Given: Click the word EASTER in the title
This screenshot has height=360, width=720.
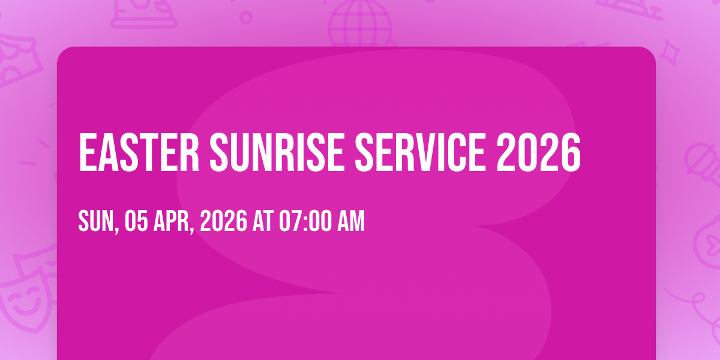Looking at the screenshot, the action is tap(139, 152).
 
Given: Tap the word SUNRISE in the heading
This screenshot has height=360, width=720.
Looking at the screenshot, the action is tap(277, 152).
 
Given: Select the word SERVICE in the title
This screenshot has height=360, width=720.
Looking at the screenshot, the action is tap(421, 152).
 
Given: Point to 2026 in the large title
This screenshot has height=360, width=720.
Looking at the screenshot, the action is tap(539, 152).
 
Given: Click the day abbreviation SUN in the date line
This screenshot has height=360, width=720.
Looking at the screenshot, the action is tap(96, 221).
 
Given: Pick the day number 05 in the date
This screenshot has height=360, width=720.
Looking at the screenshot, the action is tap(136, 221).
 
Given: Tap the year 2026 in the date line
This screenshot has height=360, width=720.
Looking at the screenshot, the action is tap(224, 221).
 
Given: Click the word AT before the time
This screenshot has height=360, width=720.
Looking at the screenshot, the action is tap(263, 221).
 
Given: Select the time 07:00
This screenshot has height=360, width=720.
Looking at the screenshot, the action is tap(305, 221).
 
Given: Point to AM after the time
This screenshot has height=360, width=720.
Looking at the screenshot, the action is tap(351, 221).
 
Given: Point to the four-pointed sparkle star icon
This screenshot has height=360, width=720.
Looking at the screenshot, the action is tap(670, 52).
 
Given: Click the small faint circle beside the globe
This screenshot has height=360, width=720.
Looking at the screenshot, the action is tap(246, 17).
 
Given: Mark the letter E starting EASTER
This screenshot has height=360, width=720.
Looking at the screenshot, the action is tap(88, 152).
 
